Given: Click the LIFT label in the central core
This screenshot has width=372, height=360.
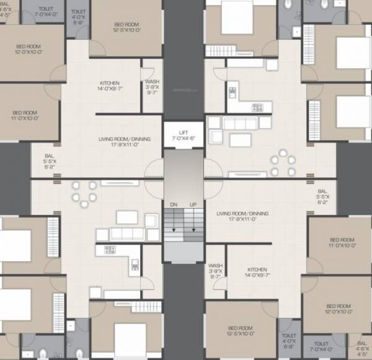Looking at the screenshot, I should pyautogui.click(x=183, y=133).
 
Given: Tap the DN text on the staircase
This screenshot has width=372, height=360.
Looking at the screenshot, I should pyautogui.click(x=174, y=204).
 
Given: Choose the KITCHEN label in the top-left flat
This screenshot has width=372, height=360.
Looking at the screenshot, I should pyautogui.click(x=110, y=82).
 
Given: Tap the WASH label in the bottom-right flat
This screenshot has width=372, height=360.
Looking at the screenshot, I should pyautogui.click(x=215, y=265).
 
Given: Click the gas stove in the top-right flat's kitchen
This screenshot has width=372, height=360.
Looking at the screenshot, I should pyautogui.click(x=257, y=107).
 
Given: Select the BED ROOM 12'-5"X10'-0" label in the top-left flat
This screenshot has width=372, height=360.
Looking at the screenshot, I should pyautogui.click(x=127, y=25).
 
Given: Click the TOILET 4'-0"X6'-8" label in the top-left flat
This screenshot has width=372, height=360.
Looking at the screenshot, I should pyautogui.click(x=79, y=15).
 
